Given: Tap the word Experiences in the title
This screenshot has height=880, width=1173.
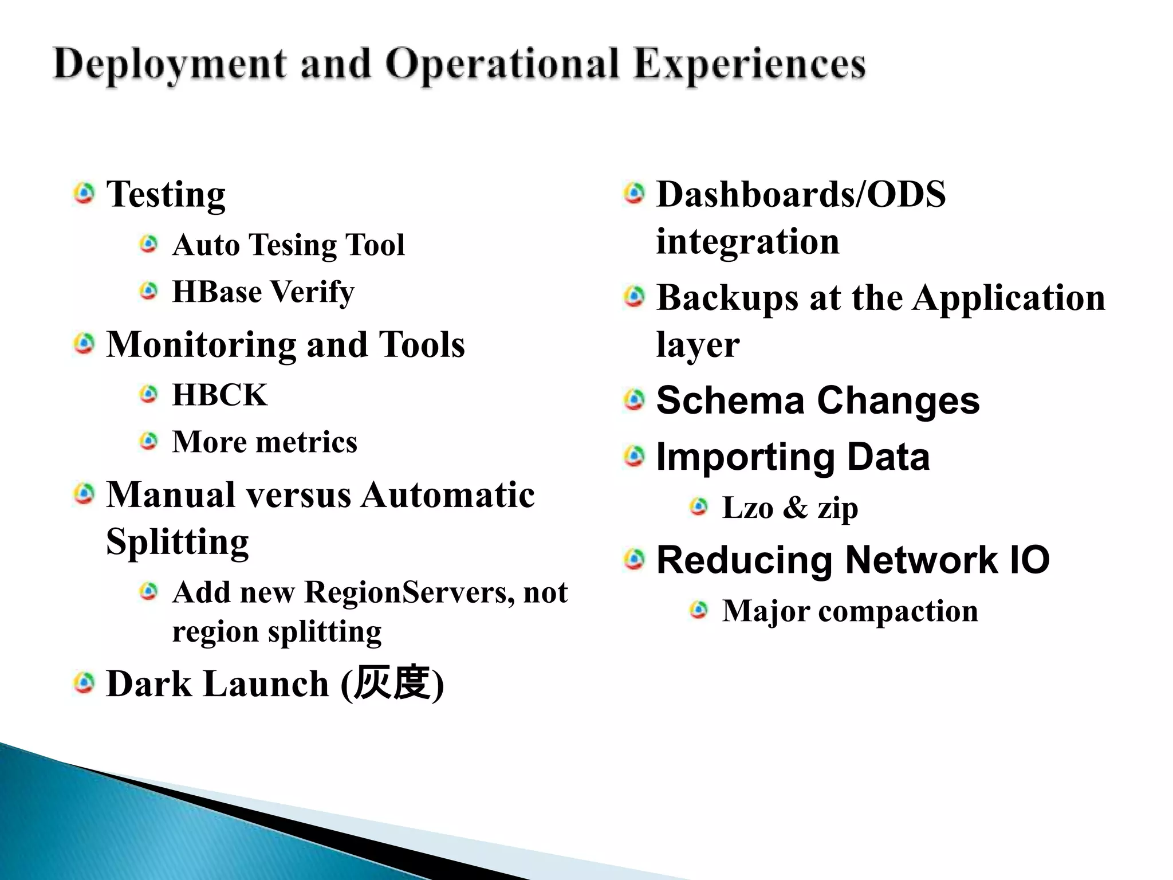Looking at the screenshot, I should coord(750,64).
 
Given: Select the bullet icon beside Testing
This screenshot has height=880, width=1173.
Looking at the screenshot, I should coord(84,194).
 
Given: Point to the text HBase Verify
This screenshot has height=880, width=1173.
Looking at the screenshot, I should coord(263,292).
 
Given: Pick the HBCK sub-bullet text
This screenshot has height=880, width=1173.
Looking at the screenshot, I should coord(219,395).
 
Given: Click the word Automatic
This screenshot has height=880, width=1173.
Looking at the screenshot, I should coord(447,495).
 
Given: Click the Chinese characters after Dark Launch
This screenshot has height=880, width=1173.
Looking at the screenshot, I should coord(392,683).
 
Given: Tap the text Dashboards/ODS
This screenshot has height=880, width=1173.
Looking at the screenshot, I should coord(800,194).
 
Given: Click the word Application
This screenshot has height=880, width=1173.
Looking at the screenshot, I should coord(1008,298).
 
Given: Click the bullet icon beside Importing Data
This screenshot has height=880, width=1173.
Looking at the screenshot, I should coord(634,457).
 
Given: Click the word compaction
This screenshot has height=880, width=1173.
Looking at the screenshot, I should coord(898,611).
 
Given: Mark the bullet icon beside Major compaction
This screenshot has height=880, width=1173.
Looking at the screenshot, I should coord(699,611).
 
